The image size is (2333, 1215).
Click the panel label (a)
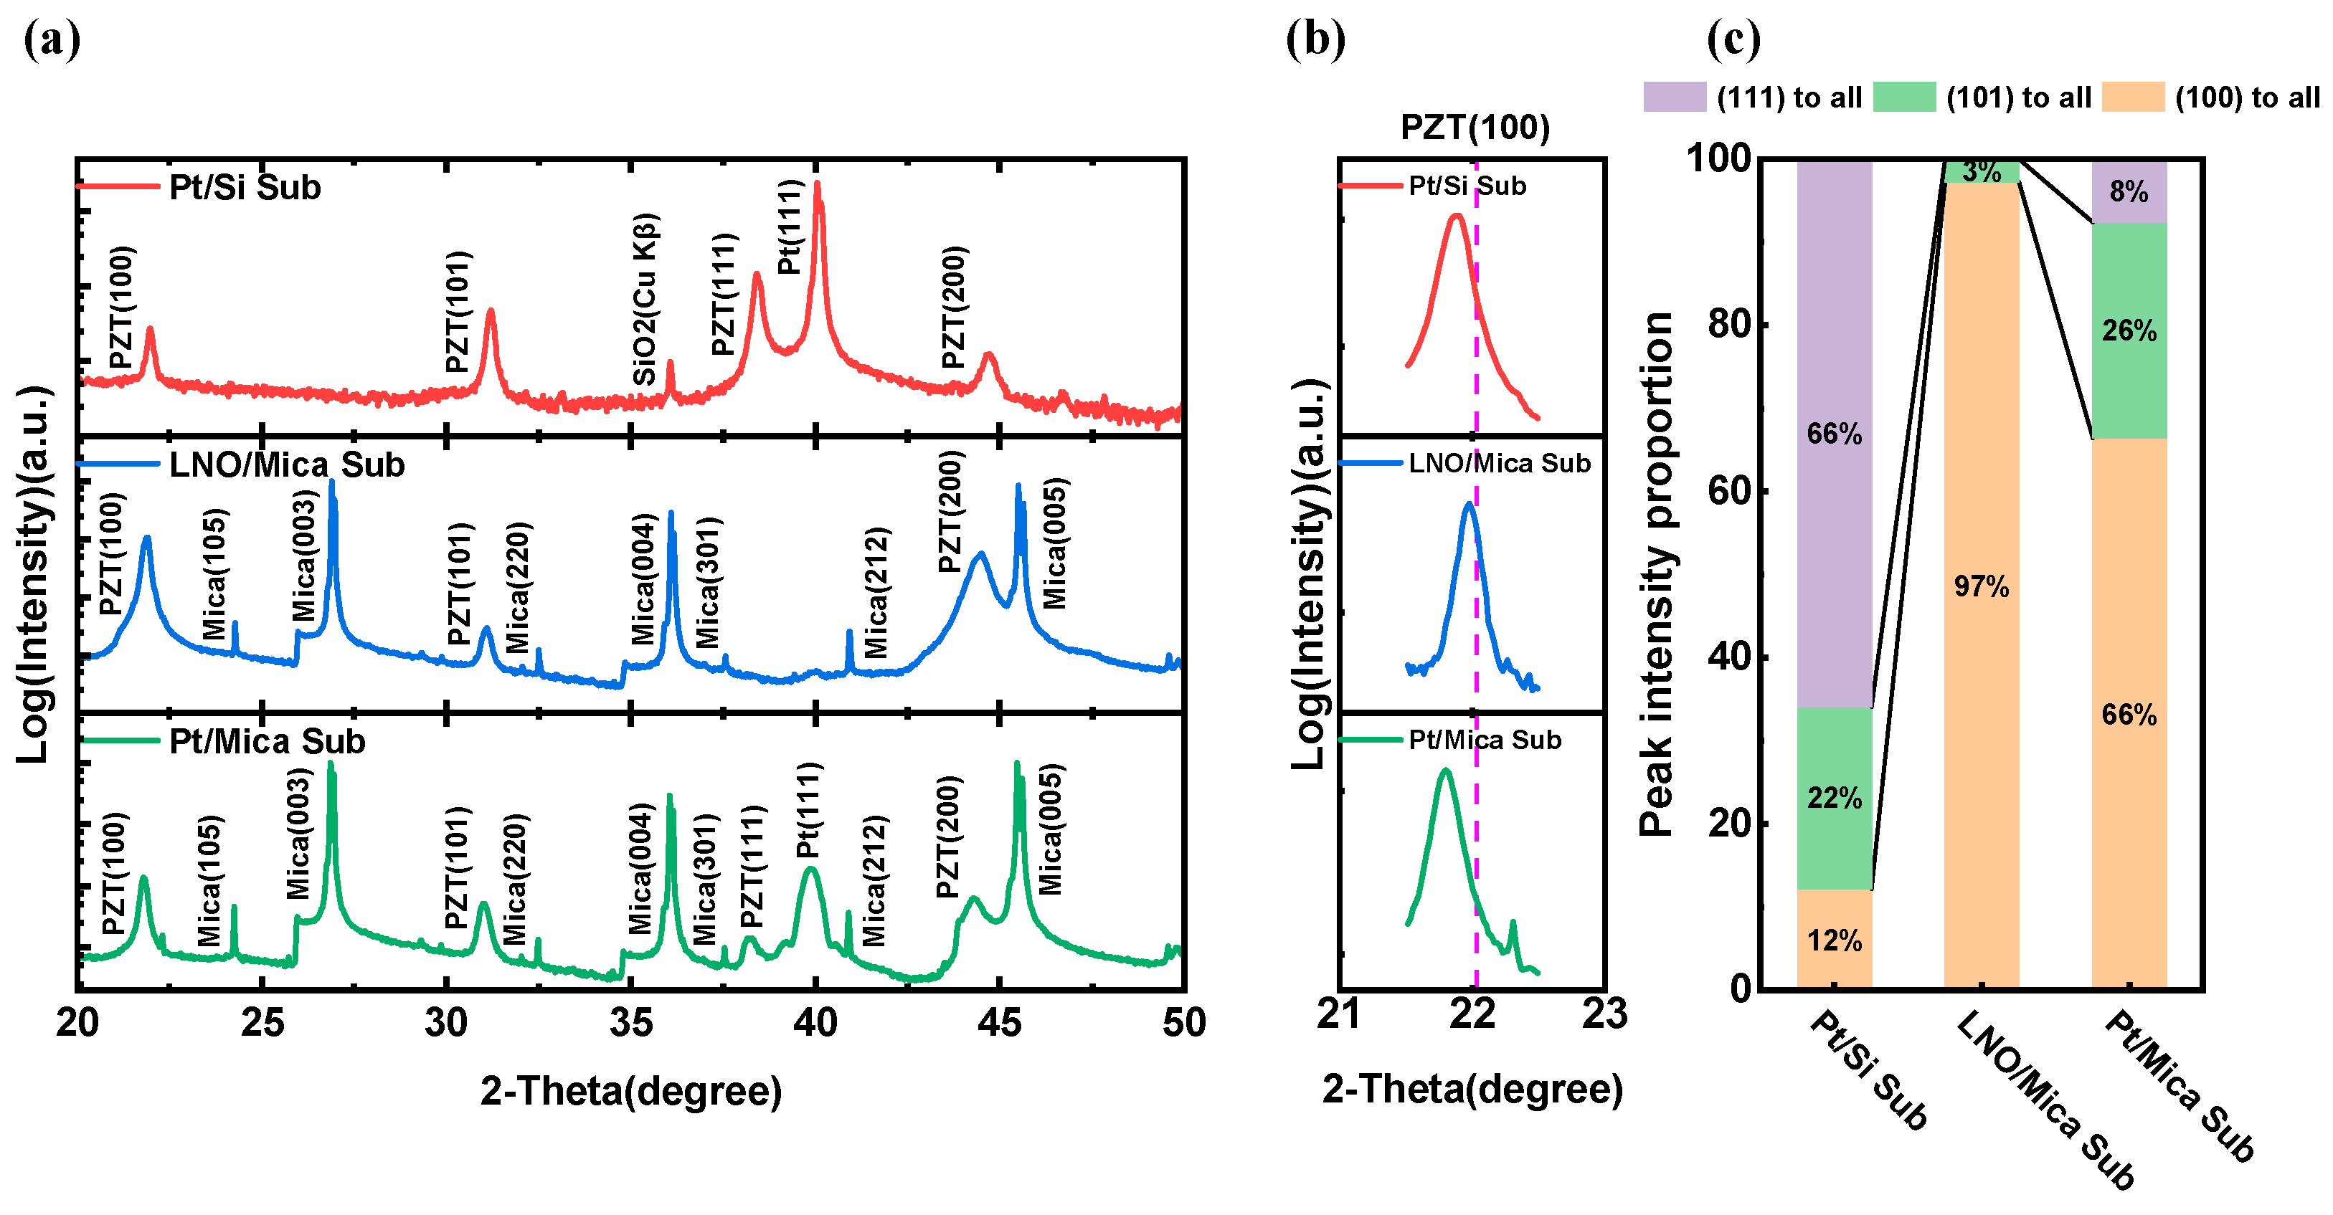pos(52,42)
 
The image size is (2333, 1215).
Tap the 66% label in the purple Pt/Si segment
pos(1834,434)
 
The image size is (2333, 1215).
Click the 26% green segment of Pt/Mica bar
pos(2129,331)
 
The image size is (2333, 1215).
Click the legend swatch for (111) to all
pos(1674,97)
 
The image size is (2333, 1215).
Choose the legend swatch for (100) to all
pos(2132,97)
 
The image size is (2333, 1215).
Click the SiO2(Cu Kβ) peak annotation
pos(645,300)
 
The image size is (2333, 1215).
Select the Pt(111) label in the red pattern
pos(790,227)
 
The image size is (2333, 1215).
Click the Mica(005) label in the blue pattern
pos(1055,543)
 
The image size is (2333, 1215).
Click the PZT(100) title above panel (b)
pos(1475,128)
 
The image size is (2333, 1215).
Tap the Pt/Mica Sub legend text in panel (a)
pos(268,741)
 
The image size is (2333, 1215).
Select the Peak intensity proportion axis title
pos(1657,574)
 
